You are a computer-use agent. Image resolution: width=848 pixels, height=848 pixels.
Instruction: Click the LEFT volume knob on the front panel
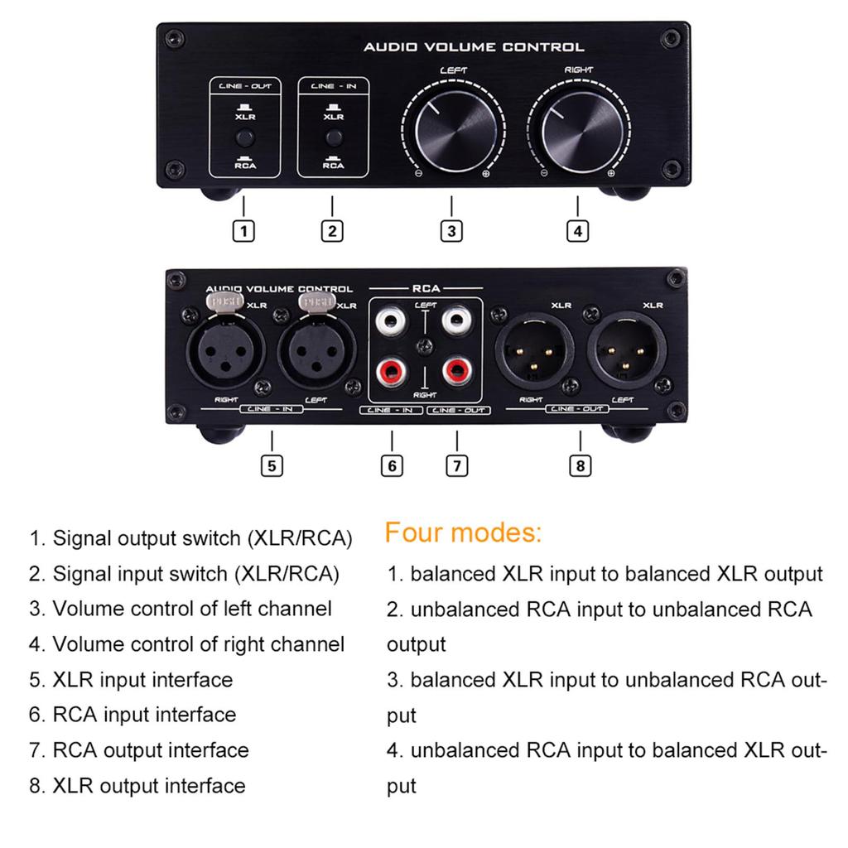(x=451, y=134)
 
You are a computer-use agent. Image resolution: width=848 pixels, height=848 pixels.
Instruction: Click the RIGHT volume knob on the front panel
(x=577, y=134)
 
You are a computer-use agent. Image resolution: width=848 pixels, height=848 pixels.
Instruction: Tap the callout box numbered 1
(x=243, y=231)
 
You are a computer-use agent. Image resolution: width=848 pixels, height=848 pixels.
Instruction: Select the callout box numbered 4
(x=577, y=231)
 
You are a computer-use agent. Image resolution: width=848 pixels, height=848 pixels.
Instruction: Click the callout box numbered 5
(x=272, y=465)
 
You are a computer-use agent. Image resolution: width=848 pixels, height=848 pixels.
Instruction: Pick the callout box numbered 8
(x=580, y=465)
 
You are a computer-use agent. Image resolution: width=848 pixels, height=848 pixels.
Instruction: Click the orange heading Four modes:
(x=463, y=532)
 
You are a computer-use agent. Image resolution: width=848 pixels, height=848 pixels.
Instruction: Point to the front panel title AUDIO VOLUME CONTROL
(x=473, y=47)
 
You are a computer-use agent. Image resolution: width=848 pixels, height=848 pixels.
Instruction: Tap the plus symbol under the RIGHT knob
(x=610, y=174)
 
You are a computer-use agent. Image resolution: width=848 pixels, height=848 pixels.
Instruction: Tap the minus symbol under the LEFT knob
(x=418, y=174)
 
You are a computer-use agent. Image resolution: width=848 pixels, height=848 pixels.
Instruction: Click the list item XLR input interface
(x=142, y=680)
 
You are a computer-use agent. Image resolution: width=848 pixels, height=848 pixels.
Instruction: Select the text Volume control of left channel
(x=192, y=609)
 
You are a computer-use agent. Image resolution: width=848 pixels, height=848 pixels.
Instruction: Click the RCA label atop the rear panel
(x=426, y=289)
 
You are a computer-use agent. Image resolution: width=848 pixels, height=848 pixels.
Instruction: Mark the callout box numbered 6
(x=392, y=465)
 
